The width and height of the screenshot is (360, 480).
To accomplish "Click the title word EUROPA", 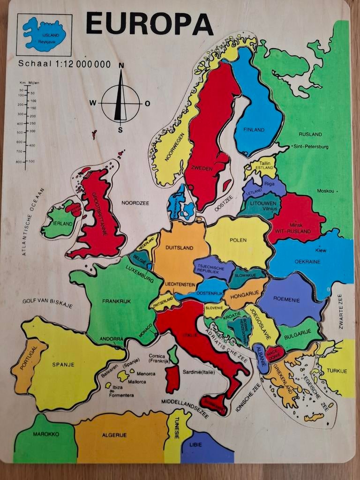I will (x=149, y=23).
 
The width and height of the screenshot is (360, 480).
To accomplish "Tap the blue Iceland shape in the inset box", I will (x=44, y=34).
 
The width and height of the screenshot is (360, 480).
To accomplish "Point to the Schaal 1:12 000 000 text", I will (x=64, y=64).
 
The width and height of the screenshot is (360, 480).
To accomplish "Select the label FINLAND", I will (x=254, y=130).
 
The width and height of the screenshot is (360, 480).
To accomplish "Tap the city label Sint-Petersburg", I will (x=311, y=147).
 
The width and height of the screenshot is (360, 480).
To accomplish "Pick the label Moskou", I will (x=325, y=191).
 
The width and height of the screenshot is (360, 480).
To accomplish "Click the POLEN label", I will (x=238, y=240).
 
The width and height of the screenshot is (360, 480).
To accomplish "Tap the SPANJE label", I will (x=63, y=364).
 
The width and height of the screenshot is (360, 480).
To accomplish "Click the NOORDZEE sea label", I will (x=135, y=203).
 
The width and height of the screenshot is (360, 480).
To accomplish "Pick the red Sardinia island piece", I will (x=172, y=379).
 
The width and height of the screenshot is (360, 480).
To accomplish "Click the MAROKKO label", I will (x=46, y=434).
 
